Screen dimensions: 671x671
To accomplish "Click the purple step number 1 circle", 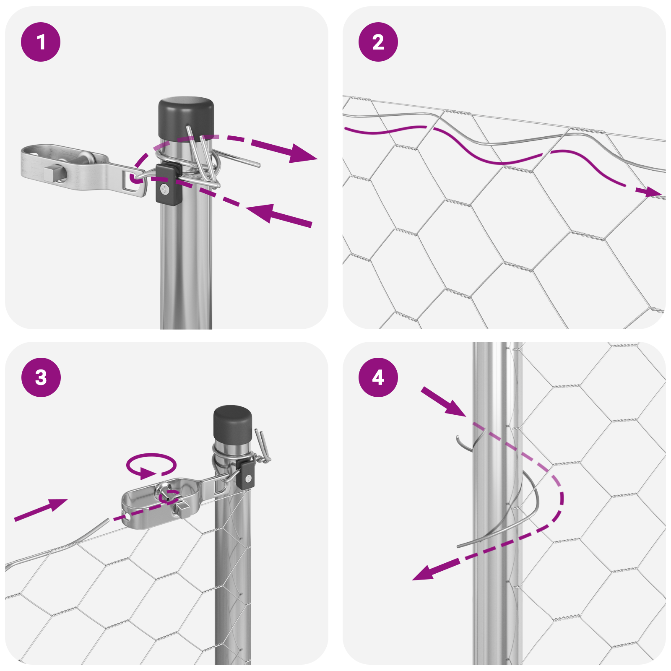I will click(x=41, y=42).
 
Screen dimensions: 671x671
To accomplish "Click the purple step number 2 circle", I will click(x=378, y=42).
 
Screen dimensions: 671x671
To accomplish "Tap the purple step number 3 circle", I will click(x=41, y=377).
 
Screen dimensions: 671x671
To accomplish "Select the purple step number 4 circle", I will click(x=378, y=377).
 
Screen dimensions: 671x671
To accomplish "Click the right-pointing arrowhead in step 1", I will click(x=303, y=153).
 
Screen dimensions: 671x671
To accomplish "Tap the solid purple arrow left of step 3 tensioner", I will click(x=42, y=509).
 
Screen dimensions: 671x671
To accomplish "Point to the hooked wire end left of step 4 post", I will click(x=460, y=442).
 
